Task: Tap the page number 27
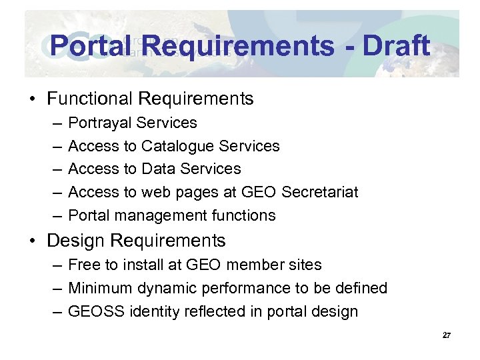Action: (x=447, y=335)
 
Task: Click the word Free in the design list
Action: (x=83, y=265)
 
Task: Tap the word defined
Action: (x=361, y=288)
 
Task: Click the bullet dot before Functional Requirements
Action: (x=32, y=99)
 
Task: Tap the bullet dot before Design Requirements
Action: (x=32, y=241)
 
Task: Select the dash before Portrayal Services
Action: (x=53, y=123)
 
